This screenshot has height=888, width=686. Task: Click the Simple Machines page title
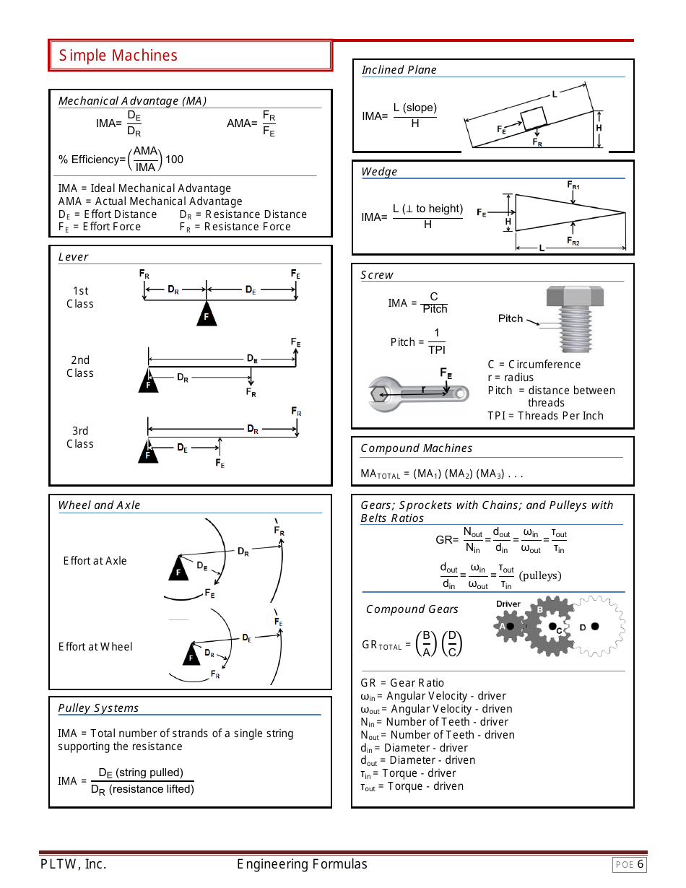[x=118, y=56]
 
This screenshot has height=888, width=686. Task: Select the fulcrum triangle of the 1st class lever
[x=207, y=314]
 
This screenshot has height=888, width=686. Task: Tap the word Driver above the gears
[x=508, y=604]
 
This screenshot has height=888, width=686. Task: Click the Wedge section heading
[x=379, y=172]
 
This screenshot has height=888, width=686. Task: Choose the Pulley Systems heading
[x=98, y=708]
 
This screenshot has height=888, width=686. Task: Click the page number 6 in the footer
[x=640, y=864]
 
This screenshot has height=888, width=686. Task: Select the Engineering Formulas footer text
[x=302, y=864]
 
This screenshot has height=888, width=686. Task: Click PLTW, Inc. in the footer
[x=73, y=864]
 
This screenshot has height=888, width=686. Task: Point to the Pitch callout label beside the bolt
[x=511, y=318]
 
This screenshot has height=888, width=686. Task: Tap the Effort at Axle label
[x=95, y=561]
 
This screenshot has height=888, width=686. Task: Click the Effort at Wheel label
[x=95, y=647]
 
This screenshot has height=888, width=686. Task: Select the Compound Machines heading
[x=416, y=448]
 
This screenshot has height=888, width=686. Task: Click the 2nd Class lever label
[x=80, y=367]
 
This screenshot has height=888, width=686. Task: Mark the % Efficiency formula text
[x=121, y=159]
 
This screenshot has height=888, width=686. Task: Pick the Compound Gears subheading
[x=412, y=609]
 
